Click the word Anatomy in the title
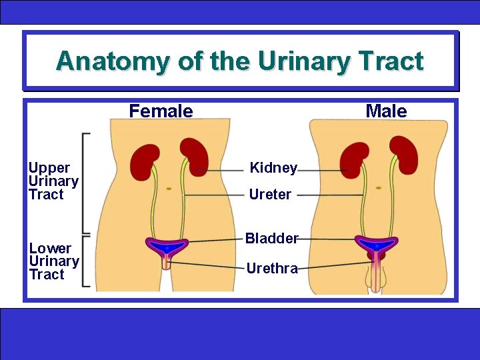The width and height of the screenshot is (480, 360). (x=113, y=61)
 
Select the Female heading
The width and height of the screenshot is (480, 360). (x=161, y=111)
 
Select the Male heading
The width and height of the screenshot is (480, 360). (x=386, y=111)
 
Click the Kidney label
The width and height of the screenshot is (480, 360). (x=273, y=168)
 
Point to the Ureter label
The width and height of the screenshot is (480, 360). (x=270, y=195)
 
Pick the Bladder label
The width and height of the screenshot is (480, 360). (x=271, y=238)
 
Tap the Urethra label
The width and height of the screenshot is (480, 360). (x=271, y=268)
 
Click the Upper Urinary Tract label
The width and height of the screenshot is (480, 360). (x=53, y=181)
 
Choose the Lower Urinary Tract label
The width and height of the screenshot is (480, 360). (x=54, y=261)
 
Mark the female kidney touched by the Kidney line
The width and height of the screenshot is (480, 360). (x=195, y=156)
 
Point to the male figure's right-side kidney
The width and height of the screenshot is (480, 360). (x=404, y=155)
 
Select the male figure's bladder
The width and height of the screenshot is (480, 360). (x=377, y=245)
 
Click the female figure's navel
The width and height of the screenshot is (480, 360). (x=169, y=189)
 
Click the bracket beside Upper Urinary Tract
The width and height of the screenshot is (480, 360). (x=85, y=182)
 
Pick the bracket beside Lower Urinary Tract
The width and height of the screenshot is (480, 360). (x=85, y=261)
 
